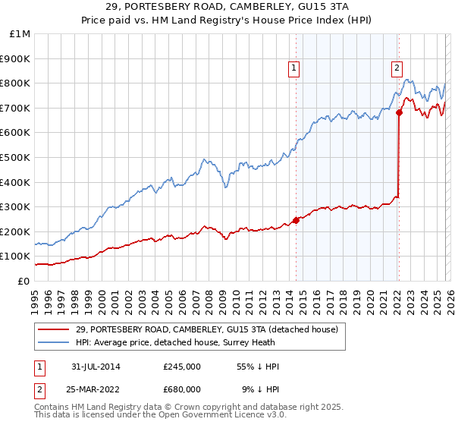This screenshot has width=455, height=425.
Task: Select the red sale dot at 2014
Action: (x=296, y=221)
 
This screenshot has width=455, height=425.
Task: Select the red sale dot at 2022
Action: (x=399, y=113)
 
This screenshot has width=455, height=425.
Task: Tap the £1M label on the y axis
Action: (x=20, y=33)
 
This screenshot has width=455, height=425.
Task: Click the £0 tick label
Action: (x=24, y=281)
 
